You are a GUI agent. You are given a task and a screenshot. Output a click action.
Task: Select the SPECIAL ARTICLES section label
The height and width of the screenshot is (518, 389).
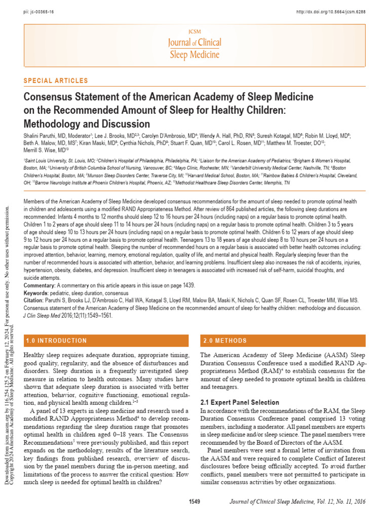click(56, 81)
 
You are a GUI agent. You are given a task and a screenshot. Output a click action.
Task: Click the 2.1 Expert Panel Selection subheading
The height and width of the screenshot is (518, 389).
click(240, 402)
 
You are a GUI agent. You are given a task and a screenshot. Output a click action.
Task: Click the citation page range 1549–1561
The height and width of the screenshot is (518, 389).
click(97, 315)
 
